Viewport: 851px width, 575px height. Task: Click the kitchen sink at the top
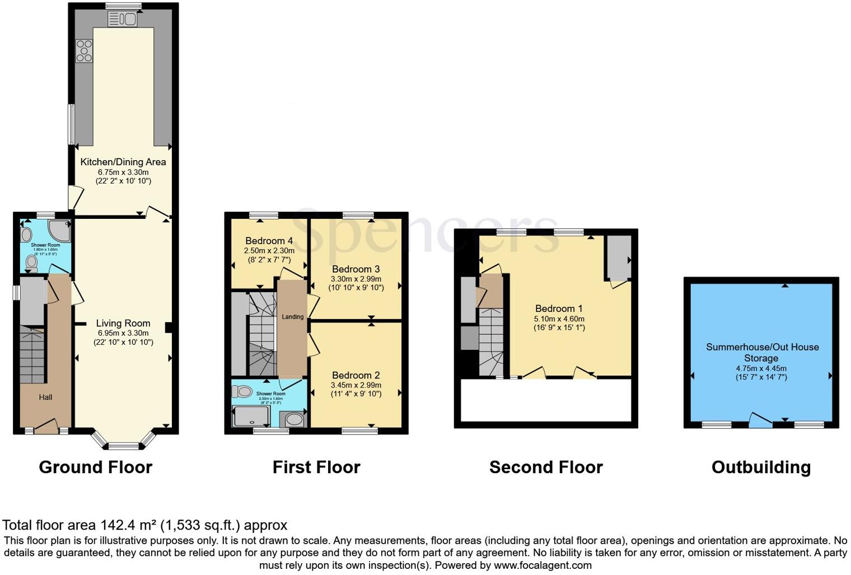click(x=123, y=20)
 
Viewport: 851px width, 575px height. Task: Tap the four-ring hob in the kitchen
click(x=85, y=50)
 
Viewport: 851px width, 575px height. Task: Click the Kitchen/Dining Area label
click(x=123, y=162)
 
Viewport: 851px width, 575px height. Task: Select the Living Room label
click(x=123, y=323)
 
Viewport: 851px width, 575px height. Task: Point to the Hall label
click(x=45, y=397)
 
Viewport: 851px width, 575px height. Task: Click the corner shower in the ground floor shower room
click(x=60, y=231)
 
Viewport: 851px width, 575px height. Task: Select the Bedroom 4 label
click(x=269, y=241)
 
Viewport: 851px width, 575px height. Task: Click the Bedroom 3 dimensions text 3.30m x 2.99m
click(x=356, y=279)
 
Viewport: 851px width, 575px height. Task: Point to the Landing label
click(x=292, y=317)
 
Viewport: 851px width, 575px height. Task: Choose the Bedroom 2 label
click(x=356, y=375)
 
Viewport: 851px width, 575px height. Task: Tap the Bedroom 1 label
click(x=559, y=308)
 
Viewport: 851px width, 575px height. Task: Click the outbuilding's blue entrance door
click(x=760, y=421)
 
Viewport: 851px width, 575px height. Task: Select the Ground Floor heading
click(x=96, y=468)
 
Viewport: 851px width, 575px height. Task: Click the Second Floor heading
click(x=546, y=468)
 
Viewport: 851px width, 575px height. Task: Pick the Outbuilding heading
click(x=761, y=468)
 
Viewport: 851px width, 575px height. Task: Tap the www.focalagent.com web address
click(x=543, y=565)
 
